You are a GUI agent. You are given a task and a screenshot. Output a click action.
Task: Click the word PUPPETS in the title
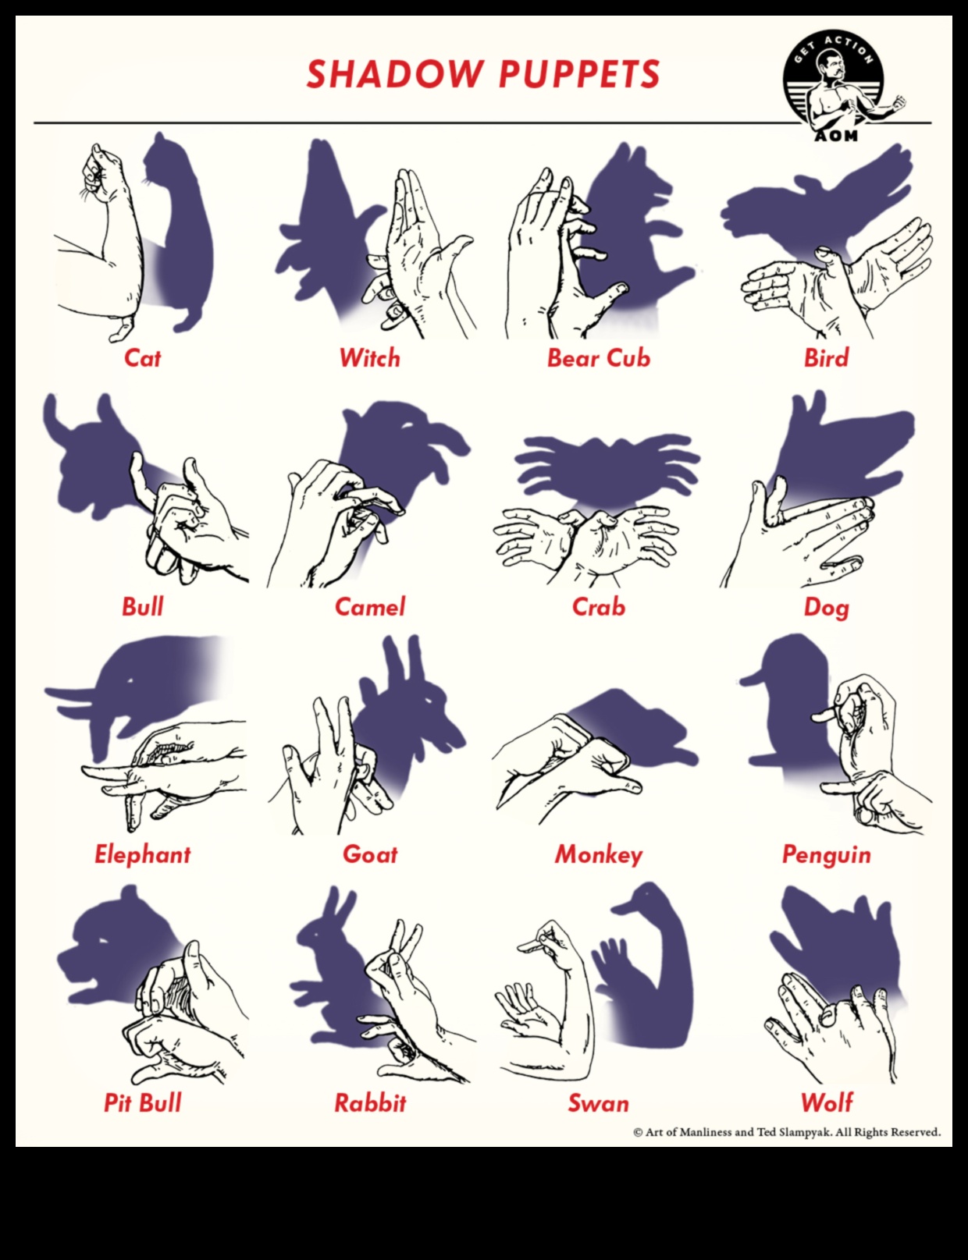click(578, 74)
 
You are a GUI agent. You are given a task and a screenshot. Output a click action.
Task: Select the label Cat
click(142, 358)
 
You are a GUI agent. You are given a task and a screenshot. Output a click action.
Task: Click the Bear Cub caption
click(598, 358)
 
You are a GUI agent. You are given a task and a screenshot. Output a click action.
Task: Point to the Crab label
click(598, 607)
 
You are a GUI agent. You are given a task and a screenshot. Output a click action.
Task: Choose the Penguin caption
click(826, 855)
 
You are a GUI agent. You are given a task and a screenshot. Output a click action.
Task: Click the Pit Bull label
click(142, 1103)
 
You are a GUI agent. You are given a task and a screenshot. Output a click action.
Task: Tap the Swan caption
click(598, 1103)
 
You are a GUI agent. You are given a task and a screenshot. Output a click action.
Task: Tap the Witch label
click(369, 358)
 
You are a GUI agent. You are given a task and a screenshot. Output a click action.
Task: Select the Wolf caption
click(826, 1103)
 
